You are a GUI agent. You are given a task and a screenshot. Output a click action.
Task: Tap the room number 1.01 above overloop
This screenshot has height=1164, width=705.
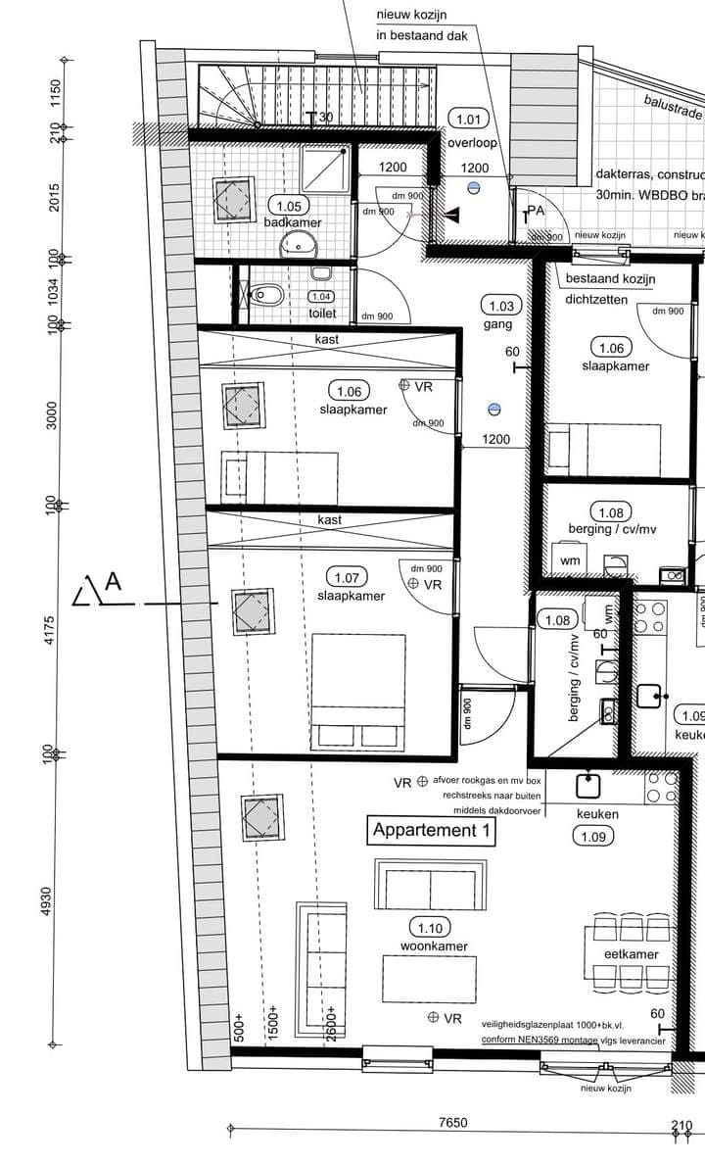click(468, 120)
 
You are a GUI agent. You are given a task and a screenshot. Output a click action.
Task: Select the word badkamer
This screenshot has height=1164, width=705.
click(292, 222)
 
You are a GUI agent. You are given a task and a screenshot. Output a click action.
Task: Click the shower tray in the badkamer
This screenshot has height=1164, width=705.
click(324, 168)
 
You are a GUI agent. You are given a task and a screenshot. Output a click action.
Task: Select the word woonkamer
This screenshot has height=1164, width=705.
click(434, 946)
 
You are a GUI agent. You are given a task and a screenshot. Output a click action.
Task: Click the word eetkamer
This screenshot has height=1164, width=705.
click(631, 953)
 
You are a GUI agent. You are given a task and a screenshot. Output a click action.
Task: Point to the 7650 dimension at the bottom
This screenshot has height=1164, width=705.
click(452, 1123)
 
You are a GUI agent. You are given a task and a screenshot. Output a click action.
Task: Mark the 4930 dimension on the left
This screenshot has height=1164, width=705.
click(45, 901)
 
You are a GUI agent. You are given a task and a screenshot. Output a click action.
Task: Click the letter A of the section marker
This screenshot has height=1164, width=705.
click(113, 582)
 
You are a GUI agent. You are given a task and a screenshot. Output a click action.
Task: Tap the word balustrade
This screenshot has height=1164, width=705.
click(673, 106)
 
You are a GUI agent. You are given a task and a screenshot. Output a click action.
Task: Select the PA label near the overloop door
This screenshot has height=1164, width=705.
click(535, 211)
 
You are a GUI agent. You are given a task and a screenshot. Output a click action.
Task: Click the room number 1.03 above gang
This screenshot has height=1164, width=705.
click(500, 306)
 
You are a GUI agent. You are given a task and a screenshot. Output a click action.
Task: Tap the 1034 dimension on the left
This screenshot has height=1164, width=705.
click(53, 290)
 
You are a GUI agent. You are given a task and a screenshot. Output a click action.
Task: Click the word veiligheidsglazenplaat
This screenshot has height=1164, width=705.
click(530, 1024)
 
